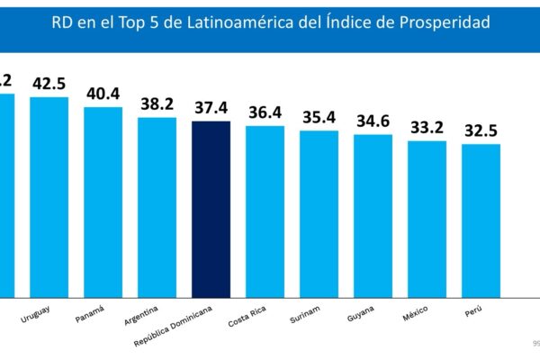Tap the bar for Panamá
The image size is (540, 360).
click(103, 202)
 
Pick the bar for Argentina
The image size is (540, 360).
click(157, 207)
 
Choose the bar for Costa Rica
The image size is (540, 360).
click(265, 211)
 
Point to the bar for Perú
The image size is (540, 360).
click(481, 220)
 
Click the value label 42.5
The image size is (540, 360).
click(49, 83)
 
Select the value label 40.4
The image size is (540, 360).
click(103, 94)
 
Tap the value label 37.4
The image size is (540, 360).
click(211, 108)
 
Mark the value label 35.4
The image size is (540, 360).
click(319, 117)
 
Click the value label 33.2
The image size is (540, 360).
click(427, 127)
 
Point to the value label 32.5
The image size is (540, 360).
click(481, 130)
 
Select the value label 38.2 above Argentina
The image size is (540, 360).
click(157, 103)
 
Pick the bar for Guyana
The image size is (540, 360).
click(373, 215)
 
